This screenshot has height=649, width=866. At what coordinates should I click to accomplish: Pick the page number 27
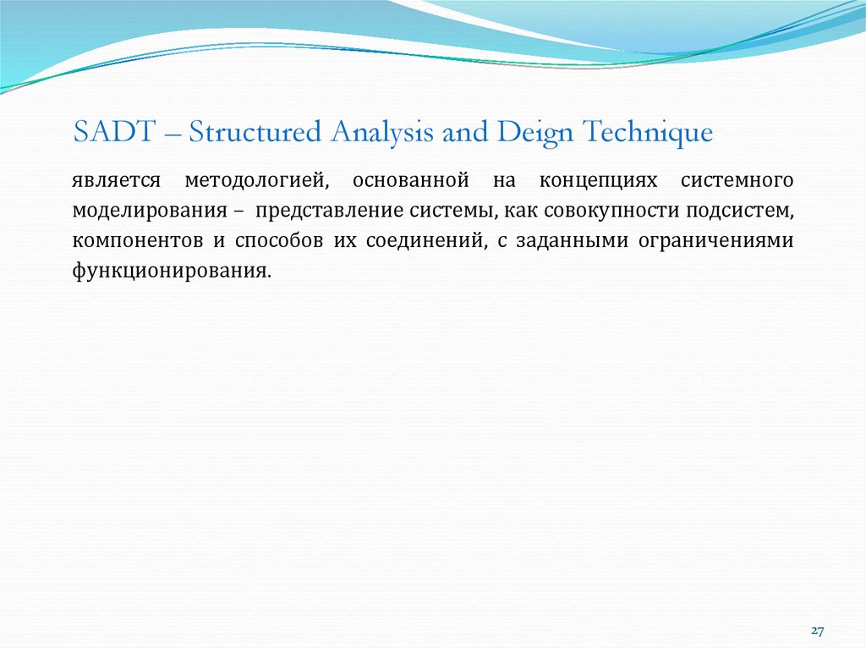click(817, 631)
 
